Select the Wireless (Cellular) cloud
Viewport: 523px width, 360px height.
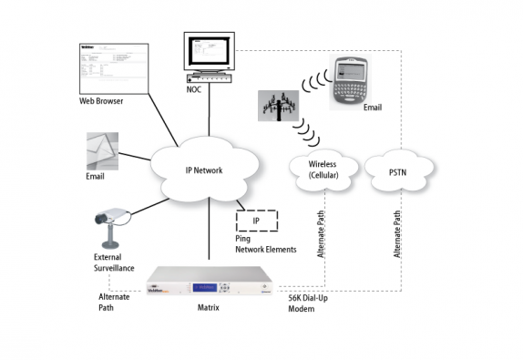click(x=322, y=170)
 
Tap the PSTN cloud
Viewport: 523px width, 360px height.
click(x=397, y=170)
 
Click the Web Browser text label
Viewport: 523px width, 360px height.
click(x=100, y=101)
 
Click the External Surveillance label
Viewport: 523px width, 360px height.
click(x=114, y=262)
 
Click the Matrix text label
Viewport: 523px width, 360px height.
click(x=209, y=308)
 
